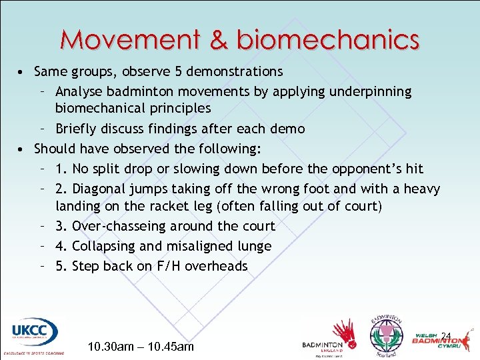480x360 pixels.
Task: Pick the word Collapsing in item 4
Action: (x=106, y=246)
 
